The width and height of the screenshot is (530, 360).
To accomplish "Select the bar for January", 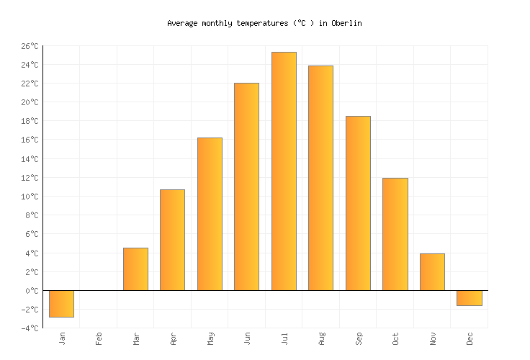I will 61,303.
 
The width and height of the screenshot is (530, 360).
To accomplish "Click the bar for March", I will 135,269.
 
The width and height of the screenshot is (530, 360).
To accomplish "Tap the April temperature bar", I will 172,240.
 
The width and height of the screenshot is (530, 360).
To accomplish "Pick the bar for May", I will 210,214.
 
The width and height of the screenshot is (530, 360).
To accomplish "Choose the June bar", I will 246,186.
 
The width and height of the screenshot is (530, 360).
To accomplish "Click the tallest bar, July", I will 284,171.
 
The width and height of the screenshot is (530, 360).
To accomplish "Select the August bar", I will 320,178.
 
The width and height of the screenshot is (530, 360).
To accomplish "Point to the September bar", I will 358,203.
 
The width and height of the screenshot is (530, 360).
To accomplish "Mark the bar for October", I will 395,234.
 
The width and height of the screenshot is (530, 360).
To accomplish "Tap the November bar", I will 432,272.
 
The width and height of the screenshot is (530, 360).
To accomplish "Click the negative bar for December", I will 470,298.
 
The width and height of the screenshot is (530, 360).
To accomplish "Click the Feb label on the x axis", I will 99,338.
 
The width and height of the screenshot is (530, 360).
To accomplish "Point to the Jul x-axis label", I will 284,338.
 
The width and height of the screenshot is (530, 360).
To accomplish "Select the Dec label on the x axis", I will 470,338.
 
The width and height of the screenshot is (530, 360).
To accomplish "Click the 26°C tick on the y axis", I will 30,46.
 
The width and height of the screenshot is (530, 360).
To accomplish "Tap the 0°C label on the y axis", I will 32,291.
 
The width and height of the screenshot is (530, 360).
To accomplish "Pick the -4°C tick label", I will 30,328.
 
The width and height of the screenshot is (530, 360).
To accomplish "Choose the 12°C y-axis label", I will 30,178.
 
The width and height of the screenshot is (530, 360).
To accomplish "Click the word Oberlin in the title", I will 346,23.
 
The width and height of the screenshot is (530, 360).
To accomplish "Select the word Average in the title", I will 182,23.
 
